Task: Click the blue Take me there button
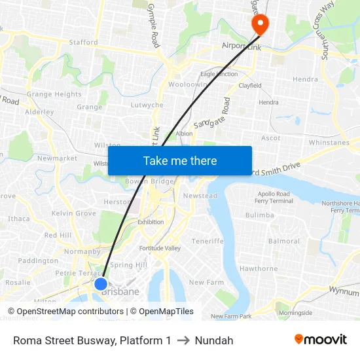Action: [180, 160]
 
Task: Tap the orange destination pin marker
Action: [260, 24]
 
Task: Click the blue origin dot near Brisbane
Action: [101, 284]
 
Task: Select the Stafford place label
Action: [83, 43]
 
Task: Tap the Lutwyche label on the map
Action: [147, 105]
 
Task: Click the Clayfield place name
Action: [249, 86]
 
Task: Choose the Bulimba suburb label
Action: [259, 215]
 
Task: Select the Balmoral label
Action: [283, 241]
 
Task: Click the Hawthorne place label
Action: [259, 268]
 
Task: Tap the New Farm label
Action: [206, 282]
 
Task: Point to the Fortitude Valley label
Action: [160, 248]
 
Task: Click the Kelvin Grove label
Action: [74, 213]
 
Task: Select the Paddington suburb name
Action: [38, 261]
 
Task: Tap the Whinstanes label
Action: [329, 142]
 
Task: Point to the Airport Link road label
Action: [242, 46]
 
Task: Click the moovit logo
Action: [320, 340]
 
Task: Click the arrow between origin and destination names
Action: [183, 340]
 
